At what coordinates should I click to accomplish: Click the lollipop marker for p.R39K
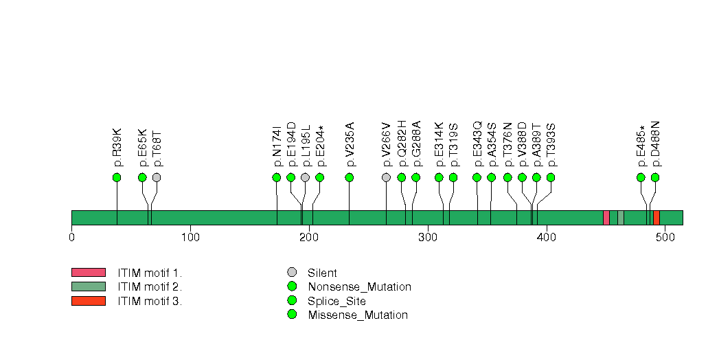click(x=117, y=177)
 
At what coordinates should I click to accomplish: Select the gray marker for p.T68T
click(x=157, y=177)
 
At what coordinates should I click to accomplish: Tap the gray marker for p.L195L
click(x=305, y=177)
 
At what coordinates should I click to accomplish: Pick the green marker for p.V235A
click(x=350, y=177)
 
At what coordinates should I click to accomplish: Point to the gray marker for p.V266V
click(x=387, y=177)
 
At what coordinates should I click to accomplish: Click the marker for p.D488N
click(x=655, y=177)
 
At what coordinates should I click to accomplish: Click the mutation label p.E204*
click(x=320, y=145)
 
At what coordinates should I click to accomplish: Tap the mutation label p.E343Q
click(x=478, y=144)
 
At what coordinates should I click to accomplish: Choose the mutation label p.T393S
click(x=551, y=144)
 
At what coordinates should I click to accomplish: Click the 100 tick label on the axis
click(x=190, y=238)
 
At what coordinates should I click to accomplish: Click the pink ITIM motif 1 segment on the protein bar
click(x=606, y=218)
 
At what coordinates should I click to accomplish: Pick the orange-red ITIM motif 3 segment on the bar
click(x=657, y=218)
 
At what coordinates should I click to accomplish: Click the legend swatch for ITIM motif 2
click(x=88, y=286)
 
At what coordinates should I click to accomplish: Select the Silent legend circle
click(x=292, y=273)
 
